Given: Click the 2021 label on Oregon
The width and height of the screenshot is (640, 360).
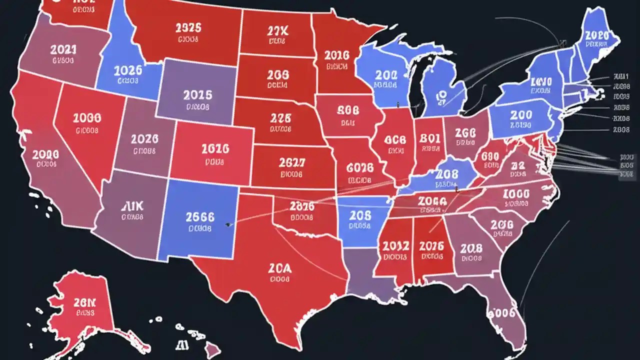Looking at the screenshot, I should [x=63, y=49].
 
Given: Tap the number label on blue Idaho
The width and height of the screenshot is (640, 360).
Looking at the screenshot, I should [x=128, y=70].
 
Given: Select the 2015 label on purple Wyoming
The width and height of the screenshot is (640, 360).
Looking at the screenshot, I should [x=197, y=95].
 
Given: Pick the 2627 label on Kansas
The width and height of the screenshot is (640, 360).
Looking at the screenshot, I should [x=291, y=163].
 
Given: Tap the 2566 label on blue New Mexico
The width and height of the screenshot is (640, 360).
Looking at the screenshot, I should [x=199, y=217].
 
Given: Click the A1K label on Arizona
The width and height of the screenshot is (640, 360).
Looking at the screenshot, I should [x=132, y=206].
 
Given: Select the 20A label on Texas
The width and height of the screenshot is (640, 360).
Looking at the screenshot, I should [x=280, y=268].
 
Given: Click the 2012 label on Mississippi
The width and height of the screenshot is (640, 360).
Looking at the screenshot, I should [x=395, y=245].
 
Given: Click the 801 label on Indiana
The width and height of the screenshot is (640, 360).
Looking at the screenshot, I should [x=430, y=137].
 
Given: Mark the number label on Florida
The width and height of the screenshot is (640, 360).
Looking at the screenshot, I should [x=501, y=313].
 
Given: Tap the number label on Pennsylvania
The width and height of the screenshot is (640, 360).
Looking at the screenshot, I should [x=521, y=115].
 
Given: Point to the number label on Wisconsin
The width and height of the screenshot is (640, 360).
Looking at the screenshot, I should [x=386, y=75].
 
